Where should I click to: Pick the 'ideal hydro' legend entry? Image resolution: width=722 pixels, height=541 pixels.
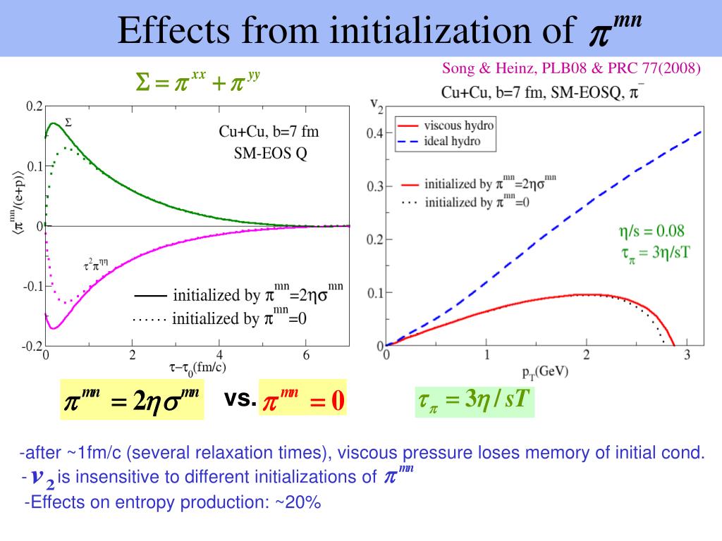[452, 141]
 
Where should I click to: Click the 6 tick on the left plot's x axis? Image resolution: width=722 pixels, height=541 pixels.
[306, 354]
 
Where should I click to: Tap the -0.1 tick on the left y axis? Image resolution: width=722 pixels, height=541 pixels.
[32, 287]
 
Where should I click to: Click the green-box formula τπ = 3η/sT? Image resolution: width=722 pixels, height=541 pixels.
[474, 401]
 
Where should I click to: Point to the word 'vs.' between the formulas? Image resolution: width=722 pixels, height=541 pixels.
[240, 399]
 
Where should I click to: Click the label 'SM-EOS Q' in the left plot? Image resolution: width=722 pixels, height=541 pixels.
[271, 154]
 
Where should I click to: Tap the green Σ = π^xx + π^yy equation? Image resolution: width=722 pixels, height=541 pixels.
[199, 84]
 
